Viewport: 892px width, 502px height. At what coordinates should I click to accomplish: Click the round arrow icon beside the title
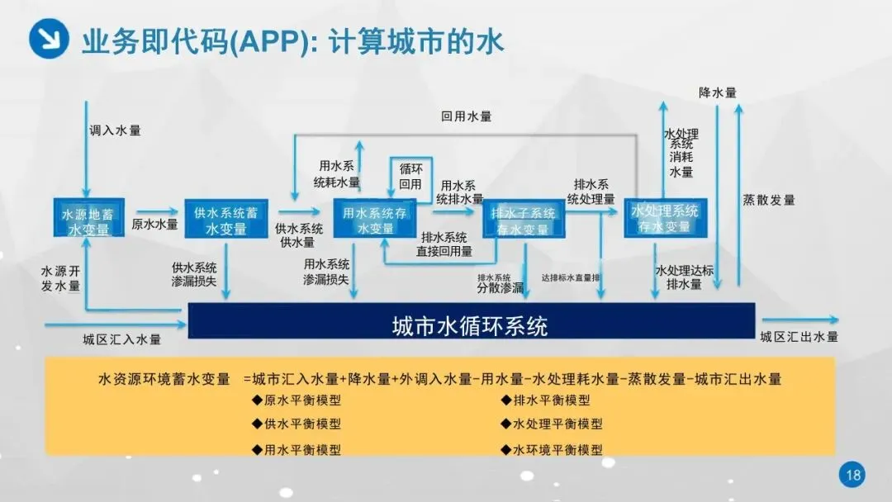(49, 38)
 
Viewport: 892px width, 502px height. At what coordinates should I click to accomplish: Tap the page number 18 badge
(853, 475)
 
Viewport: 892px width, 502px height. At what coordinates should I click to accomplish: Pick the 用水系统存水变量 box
(376, 219)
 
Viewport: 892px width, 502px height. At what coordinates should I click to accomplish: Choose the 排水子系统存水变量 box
(524, 220)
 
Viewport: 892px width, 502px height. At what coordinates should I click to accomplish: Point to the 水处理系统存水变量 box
(665, 218)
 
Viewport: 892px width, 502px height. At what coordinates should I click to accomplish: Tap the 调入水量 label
(115, 130)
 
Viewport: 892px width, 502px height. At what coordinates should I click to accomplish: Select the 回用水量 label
(466, 117)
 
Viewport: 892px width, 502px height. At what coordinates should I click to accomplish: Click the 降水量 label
(717, 92)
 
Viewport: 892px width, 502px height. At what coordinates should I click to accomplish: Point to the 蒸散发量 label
(769, 200)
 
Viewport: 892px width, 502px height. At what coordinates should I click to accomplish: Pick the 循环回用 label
(410, 176)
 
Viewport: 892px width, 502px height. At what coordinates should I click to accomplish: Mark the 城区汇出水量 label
(799, 337)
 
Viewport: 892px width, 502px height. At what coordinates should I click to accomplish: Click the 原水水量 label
(154, 224)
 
